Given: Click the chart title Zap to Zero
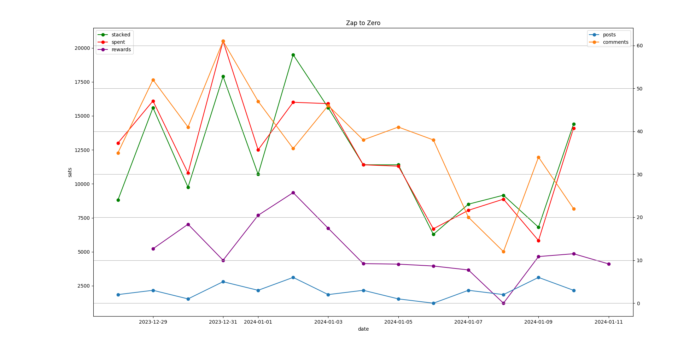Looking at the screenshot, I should [x=363, y=23].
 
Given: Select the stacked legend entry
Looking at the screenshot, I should [x=121, y=35].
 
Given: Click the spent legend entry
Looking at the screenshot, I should [x=118, y=42].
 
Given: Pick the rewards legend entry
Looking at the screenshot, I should [x=121, y=49].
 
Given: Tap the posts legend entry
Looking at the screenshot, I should [x=609, y=35].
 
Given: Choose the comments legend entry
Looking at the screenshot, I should [x=615, y=42].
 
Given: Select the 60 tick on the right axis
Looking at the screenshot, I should [x=639, y=46].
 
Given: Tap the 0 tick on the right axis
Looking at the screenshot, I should [x=638, y=303].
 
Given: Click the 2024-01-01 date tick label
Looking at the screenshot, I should [x=258, y=322].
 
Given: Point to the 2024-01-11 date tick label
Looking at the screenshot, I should [x=609, y=322].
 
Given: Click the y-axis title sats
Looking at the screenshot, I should [x=70, y=172].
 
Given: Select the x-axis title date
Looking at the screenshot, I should [x=363, y=329].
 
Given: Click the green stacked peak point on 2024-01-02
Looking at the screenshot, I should [x=293, y=55].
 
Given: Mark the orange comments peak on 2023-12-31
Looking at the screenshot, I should [x=223, y=41].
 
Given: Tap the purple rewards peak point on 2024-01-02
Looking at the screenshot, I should [x=293, y=193].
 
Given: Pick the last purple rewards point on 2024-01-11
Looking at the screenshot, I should [x=609, y=264].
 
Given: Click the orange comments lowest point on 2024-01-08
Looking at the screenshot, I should [x=503, y=252].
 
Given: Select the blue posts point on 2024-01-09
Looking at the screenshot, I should [x=538, y=277].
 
